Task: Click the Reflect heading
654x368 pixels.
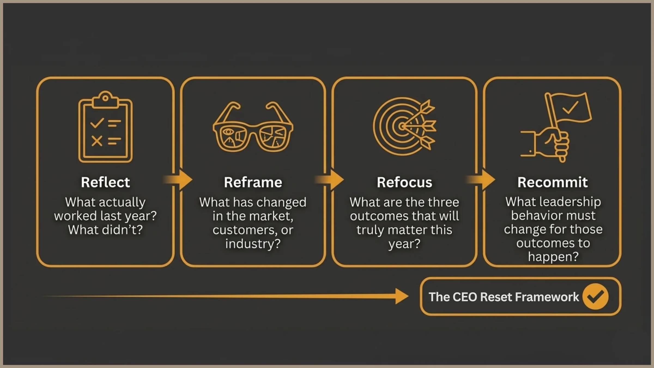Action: pyautogui.click(x=105, y=182)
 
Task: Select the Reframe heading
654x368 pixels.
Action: pyautogui.click(x=253, y=182)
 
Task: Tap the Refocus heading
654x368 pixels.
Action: pyautogui.click(x=404, y=182)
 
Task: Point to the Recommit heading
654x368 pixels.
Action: pyautogui.click(x=553, y=182)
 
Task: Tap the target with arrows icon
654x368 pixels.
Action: pyautogui.click(x=404, y=126)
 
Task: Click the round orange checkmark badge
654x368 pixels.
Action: pyautogui.click(x=595, y=297)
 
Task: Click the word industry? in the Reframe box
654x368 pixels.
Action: pyautogui.click(x=253, y=244)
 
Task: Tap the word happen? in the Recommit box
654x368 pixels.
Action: pyautogui.click(x=553, y=257)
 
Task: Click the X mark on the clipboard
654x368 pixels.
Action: pyautogui.click(x=97, y=141)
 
